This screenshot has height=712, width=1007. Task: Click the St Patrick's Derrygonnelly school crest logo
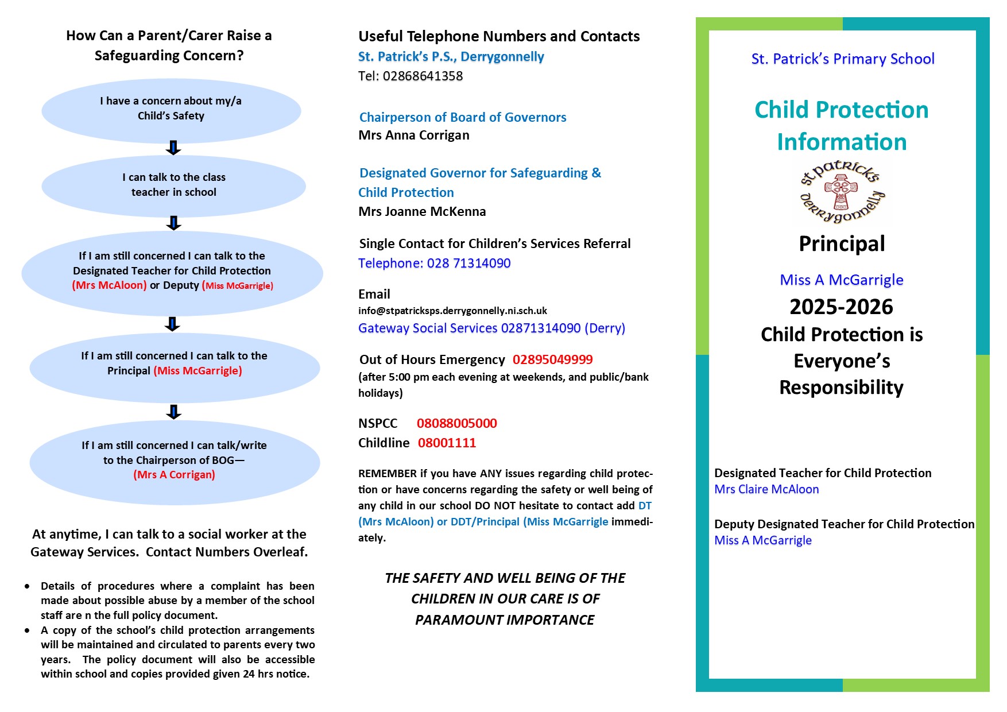[842, 191]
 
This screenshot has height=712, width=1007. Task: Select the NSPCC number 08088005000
[457, 424]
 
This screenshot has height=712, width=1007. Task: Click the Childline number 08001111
[447, 443]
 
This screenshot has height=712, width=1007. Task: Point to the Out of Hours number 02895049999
[552, 360]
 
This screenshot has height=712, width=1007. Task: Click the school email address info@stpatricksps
[452, 311]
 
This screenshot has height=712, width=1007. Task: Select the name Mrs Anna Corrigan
[414, 136]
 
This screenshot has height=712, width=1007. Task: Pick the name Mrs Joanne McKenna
[422, 212]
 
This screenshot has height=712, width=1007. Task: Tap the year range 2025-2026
[841, 307]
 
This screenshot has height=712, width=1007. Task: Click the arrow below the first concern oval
[173, 148]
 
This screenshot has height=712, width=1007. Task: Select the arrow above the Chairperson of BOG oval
[173, 412]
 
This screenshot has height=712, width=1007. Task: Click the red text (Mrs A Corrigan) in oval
[175, 475]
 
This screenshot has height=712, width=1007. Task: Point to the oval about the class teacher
[173, 185]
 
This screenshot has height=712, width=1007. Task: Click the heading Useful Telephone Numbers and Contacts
[499, 36]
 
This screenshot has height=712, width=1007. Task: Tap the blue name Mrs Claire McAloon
[766, 490]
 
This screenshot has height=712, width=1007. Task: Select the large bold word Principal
[842, 244]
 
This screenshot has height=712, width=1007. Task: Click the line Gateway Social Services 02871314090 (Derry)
[491, 328]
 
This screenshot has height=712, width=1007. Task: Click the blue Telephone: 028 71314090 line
[434, 264]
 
